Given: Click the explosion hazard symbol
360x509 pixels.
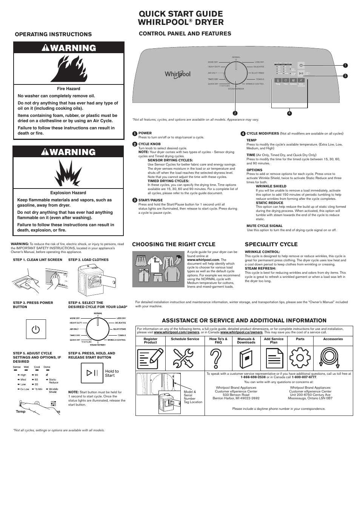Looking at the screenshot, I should click(x=68, y=173).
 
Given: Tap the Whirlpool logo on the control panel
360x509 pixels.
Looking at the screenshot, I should click(x=177, y=74).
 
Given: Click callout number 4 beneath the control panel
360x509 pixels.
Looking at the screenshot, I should click(x=289, y=113).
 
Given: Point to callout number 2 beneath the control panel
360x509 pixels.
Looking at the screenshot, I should click(x=235, y=113).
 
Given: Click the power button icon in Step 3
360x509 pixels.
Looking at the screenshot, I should click(x=36, y=329).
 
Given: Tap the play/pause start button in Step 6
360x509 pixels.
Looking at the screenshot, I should click(x=92, y=373).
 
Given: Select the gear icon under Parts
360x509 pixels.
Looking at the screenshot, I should click(x=300, y=358).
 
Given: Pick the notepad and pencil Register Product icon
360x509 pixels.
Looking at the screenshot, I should click(x=150, y=358).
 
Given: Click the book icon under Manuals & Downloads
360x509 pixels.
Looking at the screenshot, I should click(x=246, y=358).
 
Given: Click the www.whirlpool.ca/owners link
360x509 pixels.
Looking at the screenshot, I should click(x=241, y=332).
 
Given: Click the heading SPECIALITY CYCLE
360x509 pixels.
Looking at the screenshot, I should click(x=271, y=244).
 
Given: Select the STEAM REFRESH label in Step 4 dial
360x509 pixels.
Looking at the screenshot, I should click(x=98, y=345).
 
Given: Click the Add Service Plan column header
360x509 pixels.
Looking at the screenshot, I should click(x=274, y=340).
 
